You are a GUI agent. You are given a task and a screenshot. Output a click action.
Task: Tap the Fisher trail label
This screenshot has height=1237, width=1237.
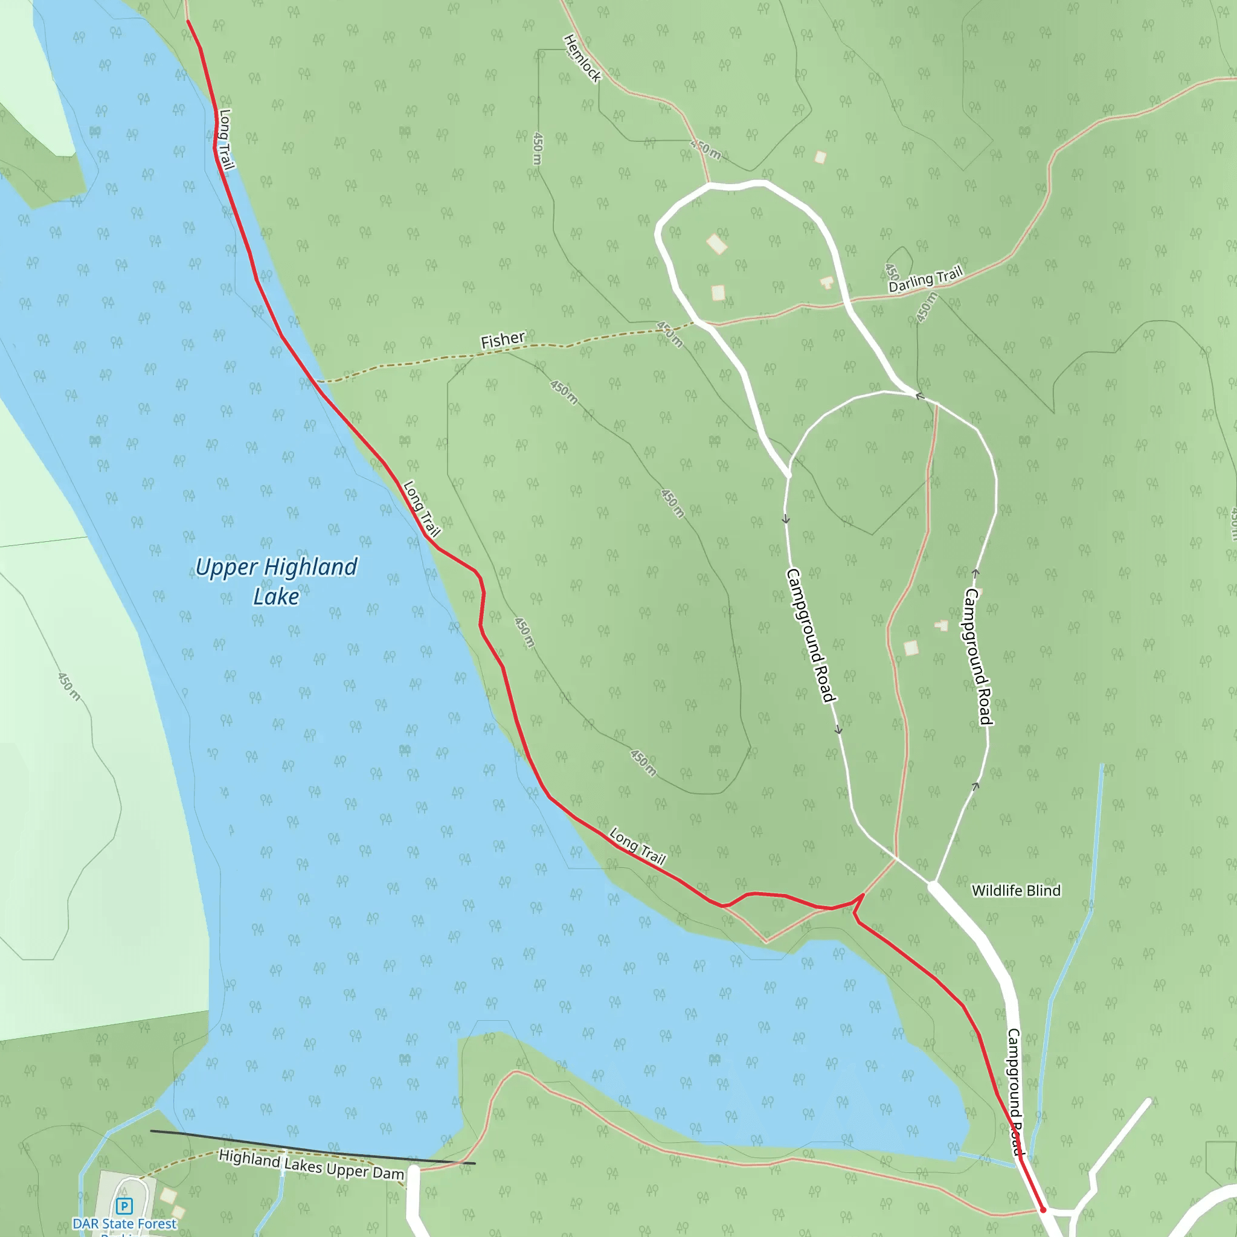503,340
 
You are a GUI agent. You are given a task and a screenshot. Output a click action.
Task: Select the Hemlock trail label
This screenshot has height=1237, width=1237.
583,58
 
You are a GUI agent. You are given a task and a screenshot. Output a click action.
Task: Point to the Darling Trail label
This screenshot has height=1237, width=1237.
925,280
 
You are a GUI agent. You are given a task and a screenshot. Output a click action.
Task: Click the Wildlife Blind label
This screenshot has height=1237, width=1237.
1016,891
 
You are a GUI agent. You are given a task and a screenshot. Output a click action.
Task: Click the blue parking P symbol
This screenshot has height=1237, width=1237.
124,1206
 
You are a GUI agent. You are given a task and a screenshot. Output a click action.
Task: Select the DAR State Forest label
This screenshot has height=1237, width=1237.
124,1224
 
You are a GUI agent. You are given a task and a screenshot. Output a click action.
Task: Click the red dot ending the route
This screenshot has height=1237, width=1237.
1043,1209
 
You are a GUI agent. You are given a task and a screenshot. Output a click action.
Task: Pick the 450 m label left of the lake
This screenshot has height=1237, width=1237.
69,686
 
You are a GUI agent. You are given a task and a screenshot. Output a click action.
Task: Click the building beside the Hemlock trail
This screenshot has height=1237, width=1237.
820,157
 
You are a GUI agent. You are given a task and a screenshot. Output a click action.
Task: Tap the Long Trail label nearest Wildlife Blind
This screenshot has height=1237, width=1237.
638,846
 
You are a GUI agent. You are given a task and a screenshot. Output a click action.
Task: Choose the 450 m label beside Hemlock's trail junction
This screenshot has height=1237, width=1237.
705,149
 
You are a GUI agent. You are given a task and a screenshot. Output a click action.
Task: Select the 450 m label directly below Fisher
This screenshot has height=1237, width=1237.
564,392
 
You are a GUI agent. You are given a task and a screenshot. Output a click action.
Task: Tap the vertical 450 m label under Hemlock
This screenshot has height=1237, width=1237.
538,149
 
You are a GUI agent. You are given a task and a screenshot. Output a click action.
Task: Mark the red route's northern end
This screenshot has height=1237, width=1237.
187,21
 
